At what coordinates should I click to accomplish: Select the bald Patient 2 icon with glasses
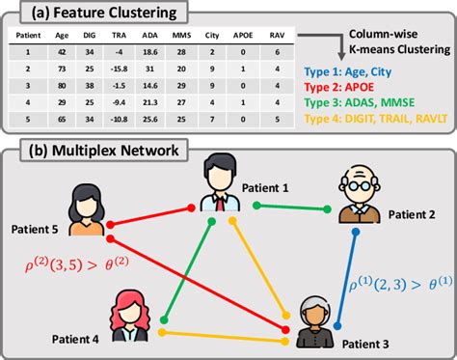361,199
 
